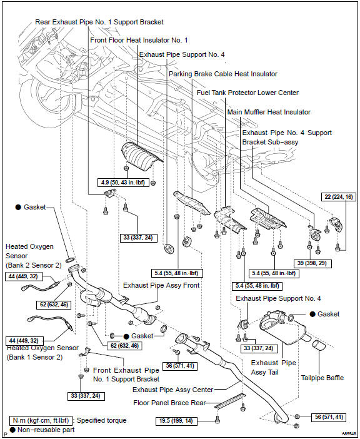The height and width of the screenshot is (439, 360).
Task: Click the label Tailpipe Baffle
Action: click(x=322, y=378)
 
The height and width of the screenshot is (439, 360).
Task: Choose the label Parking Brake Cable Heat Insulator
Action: click(x=223, y=74)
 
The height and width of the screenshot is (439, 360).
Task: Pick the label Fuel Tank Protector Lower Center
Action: click(x=247, y=93)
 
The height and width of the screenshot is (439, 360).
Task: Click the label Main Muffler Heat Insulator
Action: click(x=269, y=113)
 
